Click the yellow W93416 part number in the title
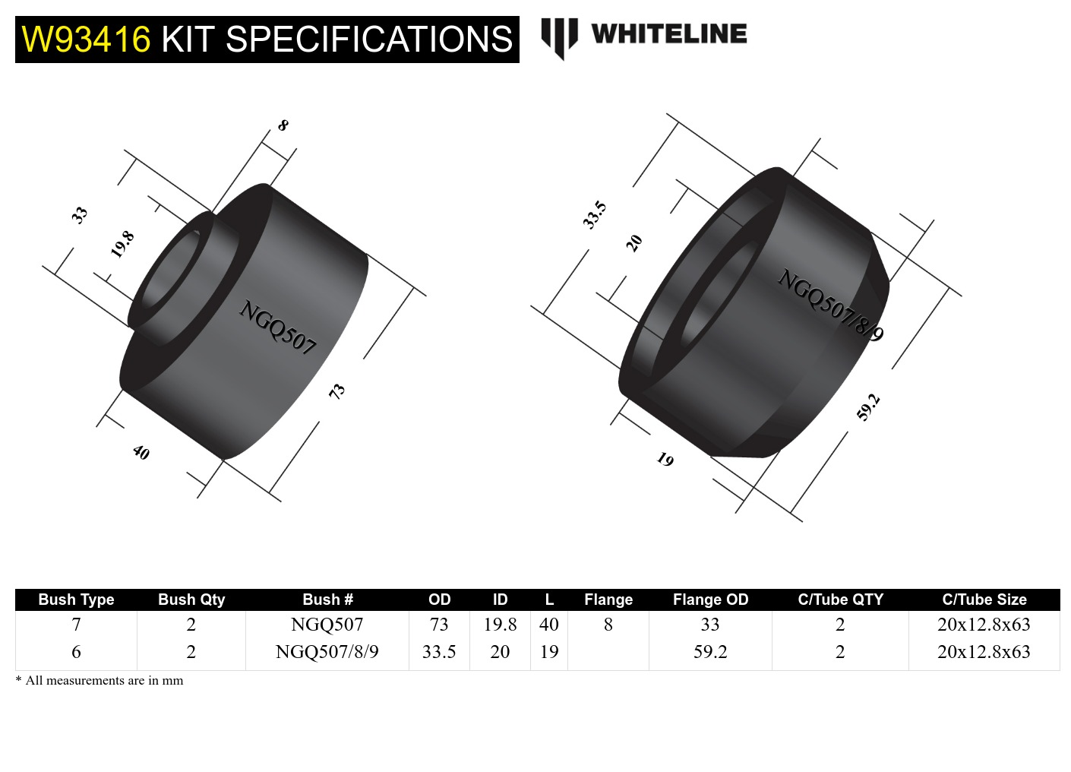pyautogui.click(x=86, y=40)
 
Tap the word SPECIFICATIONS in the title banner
pyautogui.click(x=369, y=40)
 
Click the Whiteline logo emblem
pyautogui.click(x=559, y=39)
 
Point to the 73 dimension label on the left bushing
pyautogui.click(x=337, y=391)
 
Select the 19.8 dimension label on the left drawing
pyautogui.click(x=122, y=245)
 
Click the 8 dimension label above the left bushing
pyautogui.click(x=283, y=125)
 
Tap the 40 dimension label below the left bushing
pyautogui.click(x=141, y=452)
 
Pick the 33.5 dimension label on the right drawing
pyautogui.click(x=594, y=215)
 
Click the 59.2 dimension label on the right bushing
pyautogui.click(x=868, y=407)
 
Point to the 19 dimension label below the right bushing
pyautogui.click(x=665, y=460)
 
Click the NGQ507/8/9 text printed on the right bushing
pyautogui.click(x=830, y=305)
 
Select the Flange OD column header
pyautogui.click(x=710, y=600)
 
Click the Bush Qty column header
pyautogui.click(x=191, y=600)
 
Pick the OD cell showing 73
pyautogui.click(x=439, y=624)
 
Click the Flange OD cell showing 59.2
pyautogui.click(x=710, y=651)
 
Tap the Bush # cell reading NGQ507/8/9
pyautogui.click(x=327, y=651)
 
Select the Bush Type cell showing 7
pyautogui.click(x=76, y=624)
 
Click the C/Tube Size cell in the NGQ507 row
pyautogui.click(x=984, y=624)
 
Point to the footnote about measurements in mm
pyautogui.click(x=100, y=680)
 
